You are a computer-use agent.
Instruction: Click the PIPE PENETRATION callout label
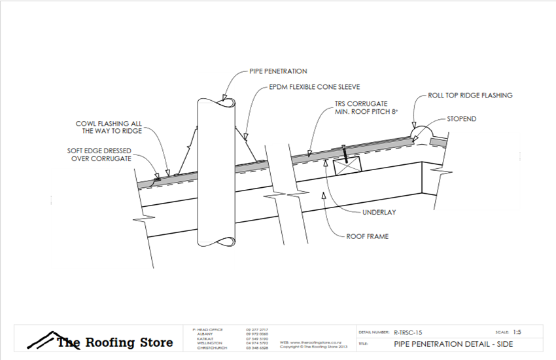click(x=278, y=71)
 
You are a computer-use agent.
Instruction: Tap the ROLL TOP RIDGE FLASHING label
click(x=470, y=96)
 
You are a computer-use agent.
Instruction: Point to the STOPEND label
click(x=461, y=120)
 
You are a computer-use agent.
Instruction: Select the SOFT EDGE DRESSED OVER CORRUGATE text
click(x=104, y=154)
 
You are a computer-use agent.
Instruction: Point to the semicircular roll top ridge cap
click(x=424, y=135)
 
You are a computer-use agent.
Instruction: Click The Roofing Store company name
click(x=115, y=342)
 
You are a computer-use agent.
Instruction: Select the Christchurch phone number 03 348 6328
click(x=256, y=348)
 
